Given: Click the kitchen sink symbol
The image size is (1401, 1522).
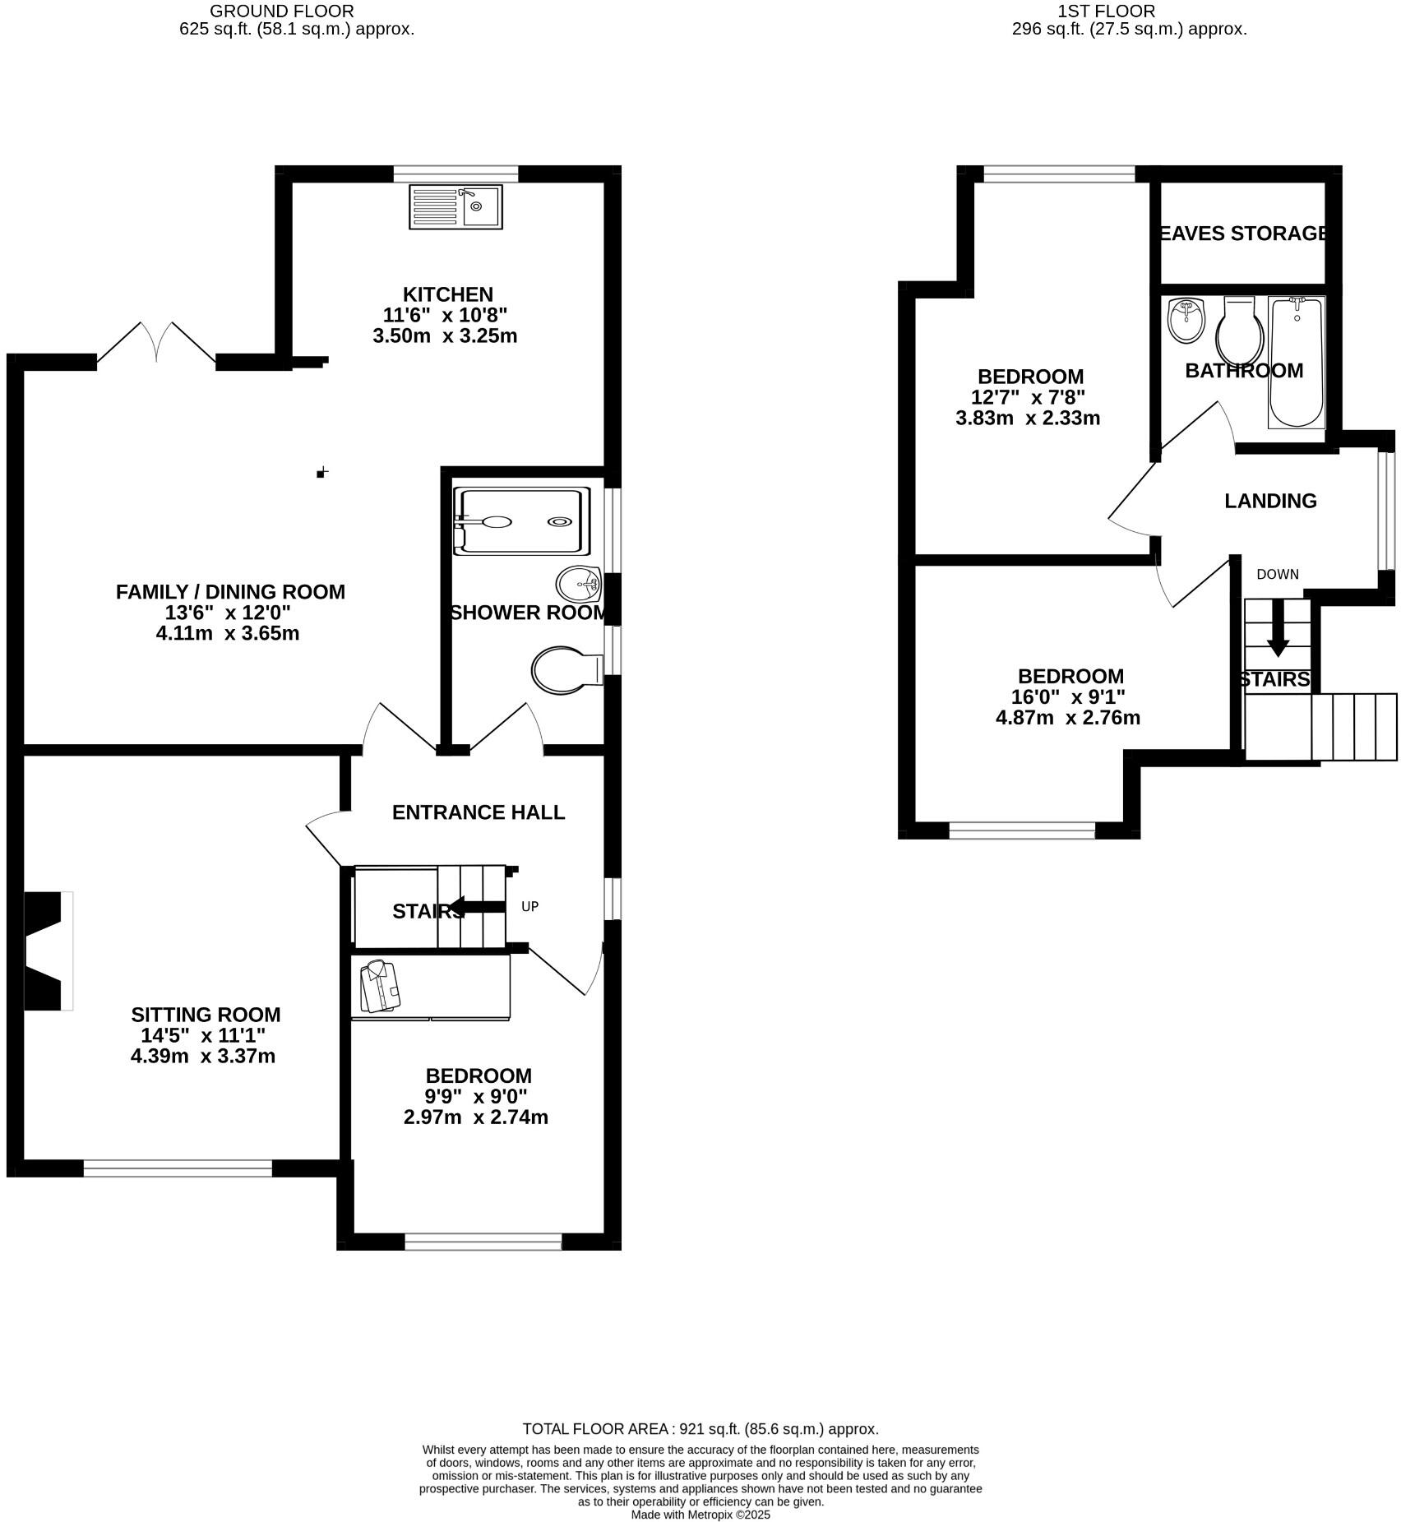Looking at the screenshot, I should coord(455,207).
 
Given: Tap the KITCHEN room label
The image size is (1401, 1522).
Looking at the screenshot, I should coord(447,294).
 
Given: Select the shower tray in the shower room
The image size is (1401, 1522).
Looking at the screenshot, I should coord(522,521).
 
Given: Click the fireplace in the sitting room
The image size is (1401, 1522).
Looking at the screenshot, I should coord(48,951).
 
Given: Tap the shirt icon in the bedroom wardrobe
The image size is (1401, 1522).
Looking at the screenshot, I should coord(379,987).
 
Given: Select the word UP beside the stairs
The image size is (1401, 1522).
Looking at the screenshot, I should coord(529,906).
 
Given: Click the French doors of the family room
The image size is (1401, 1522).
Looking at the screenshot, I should coord(156,344).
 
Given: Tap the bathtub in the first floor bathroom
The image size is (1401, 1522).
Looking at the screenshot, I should coord(1297,362).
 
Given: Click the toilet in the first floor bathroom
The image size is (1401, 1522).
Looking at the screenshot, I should coord(1240,329).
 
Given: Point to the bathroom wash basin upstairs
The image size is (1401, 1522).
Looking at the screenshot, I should coord(1186,321).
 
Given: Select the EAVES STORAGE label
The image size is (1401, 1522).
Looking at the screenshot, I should coord(1243,234).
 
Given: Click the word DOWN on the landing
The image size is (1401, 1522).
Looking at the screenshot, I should coord(1277,574).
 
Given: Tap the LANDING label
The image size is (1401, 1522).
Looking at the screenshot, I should coord(1270,501).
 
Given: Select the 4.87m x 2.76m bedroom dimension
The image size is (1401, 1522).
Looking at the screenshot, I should coord(1067,718).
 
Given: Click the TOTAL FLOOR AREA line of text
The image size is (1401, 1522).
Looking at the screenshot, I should coord(700,1429).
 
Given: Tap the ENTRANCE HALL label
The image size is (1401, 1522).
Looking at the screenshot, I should coord(478,812).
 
